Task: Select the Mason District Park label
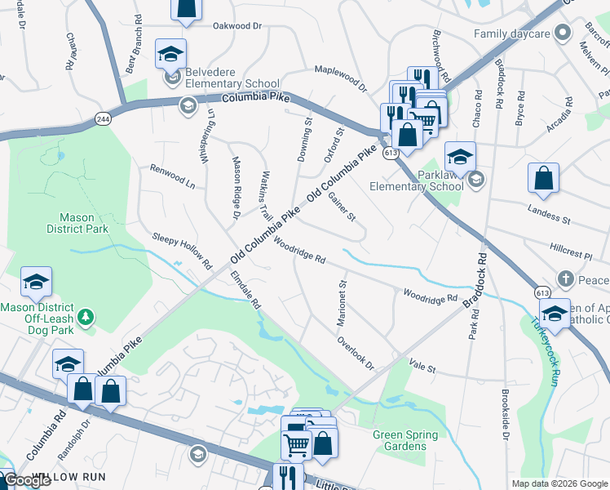(84, 224)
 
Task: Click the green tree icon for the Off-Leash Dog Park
(84, 316)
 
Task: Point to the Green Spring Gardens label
(405, 440)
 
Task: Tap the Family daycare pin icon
(561, 33)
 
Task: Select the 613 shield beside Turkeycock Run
(543, 292)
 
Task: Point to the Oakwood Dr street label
(236, 26)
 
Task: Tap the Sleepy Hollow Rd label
(182, 251)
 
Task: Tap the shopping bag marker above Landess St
(543, 179)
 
